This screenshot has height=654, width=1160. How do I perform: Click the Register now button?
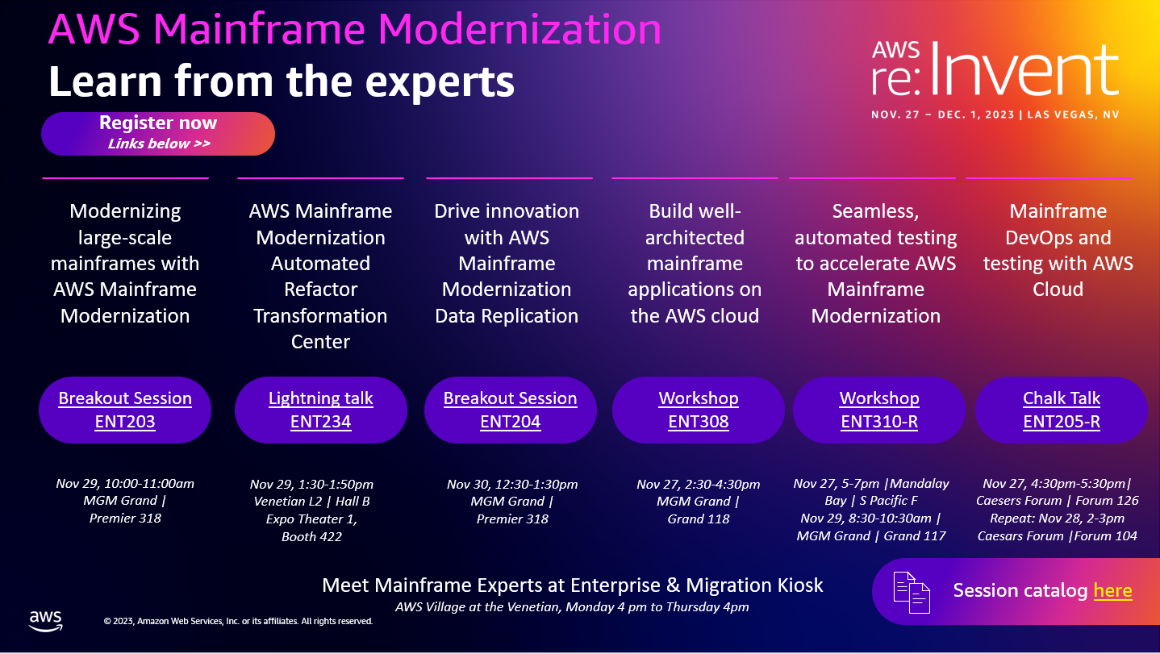point(158,133)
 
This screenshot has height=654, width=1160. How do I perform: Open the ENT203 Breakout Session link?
point(125,410)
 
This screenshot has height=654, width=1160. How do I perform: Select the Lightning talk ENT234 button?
point(320,410)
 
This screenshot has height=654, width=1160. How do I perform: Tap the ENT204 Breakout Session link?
point(510,410)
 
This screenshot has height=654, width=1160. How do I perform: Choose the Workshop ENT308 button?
point(698,410)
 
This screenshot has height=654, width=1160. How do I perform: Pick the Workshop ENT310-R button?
point(879,410)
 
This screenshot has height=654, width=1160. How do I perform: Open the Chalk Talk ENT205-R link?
point(1062,410)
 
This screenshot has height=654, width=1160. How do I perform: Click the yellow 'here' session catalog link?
point(1112,590)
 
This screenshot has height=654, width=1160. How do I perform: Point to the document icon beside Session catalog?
point(912,591)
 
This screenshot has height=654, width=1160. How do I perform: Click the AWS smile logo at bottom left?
point(46,619)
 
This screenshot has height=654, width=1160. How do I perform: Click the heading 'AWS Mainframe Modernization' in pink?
point(355,30)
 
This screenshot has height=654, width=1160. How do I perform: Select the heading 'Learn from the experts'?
point(282,81)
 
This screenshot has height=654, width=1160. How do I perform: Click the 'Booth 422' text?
point(311,536)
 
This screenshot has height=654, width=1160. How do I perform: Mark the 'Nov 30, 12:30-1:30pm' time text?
point(512,484)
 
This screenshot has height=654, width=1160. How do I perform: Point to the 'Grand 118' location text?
point(699,519)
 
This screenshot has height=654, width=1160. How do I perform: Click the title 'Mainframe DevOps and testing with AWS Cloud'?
point(1058,250)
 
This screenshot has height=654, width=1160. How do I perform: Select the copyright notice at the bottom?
point(238,621)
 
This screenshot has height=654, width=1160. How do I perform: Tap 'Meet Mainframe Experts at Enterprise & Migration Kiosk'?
point(572,585)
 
